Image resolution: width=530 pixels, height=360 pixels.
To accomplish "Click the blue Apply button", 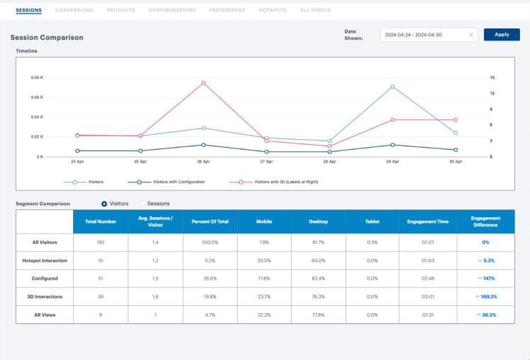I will pyautogui.click(x=502, y=34).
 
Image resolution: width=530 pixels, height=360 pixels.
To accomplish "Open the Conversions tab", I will pyautogui.click(x=74, y=11).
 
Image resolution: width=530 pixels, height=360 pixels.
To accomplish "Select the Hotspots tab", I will pyautogui.click(x=272, y=11).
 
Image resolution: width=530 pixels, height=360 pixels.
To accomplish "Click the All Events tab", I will pyautogui.click(x=314, y=11).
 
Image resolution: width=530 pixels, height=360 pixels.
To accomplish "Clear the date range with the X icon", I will pyautogui.click(x=471, y=35).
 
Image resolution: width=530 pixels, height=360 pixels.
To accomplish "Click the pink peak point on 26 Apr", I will pyautogui.click(x=204, y=83).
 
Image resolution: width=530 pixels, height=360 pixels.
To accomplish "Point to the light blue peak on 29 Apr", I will pyautogui.click(x=392, y=87).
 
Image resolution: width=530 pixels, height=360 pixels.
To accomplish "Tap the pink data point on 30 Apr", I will pyautogui.click(x=456, y=120).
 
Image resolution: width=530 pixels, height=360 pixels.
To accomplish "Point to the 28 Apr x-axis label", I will pyautogui.click(x=329, y=162).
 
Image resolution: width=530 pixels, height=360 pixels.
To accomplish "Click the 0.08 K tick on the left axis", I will pyautogui.click(x=37, y=77).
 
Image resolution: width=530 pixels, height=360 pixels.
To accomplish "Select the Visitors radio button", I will pyautogui.click(x=104, y=204).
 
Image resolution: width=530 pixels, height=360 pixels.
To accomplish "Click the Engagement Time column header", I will pyautogui.click(x=428, y=222).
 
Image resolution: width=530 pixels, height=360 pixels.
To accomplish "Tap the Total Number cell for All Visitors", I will pyautogui.click(x=100, y=243).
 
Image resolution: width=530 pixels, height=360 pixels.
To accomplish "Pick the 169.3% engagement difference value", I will pyautogui.click(x=486, y=297).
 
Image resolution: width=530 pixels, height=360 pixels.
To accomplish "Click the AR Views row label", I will pyautogui.click(x=44, y=315).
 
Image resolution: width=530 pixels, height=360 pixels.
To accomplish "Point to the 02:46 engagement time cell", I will pyautogui.click(x=428, y=278).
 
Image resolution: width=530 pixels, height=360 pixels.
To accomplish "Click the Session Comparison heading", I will pyautogui.click(x=46, y=37).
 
